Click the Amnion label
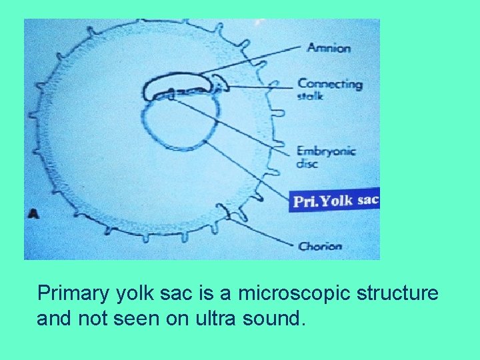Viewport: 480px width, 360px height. [329, 48]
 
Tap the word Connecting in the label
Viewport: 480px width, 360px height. [330, 84]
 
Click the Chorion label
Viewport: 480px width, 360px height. [321, 246]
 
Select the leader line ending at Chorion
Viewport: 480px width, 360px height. [267, 233]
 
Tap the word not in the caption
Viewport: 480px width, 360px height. [90, 319]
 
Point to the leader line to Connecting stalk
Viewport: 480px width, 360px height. [260, 87]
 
